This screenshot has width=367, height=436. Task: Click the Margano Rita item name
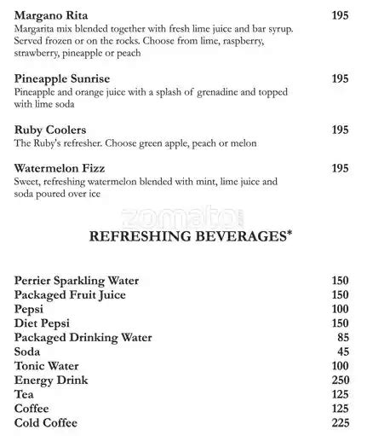[x=51, y=16]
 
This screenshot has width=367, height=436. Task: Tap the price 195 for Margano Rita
[x=340, y=16]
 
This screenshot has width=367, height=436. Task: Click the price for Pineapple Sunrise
[x=340, y=78]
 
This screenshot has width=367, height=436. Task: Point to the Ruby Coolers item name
[x=48, y=130]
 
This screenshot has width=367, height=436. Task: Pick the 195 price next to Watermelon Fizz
[x=340, y=168]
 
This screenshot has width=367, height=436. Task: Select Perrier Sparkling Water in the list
[x=77, y=281]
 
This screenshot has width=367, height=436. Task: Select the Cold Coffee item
[x=46, y=422]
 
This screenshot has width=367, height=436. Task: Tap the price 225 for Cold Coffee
[x=340, y=422]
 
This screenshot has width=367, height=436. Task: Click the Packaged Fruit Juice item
[x=70, y=295]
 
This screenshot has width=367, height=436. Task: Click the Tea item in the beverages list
[x=24, y=394]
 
